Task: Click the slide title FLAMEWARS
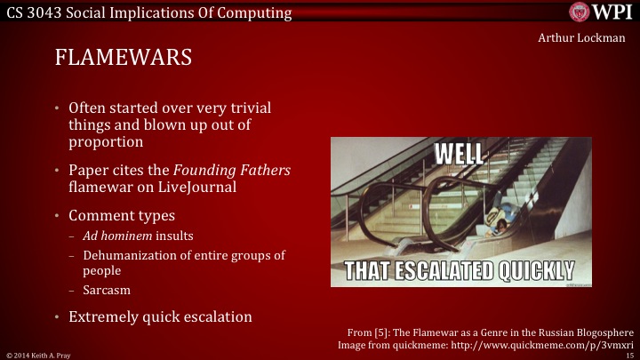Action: (124, 59)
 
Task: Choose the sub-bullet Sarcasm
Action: (103, 289)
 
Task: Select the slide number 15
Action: (629, 354)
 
